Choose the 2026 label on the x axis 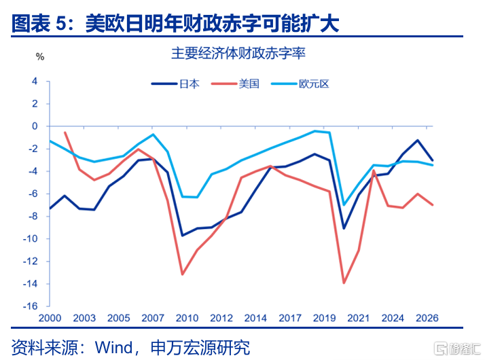point(427,318)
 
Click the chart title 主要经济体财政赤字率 point(242,52)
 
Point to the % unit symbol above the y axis point(39,57)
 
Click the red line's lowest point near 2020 point(344,283)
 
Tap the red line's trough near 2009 point(183,274)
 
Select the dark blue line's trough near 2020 point(344,228)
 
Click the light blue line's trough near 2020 point(344,204)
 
